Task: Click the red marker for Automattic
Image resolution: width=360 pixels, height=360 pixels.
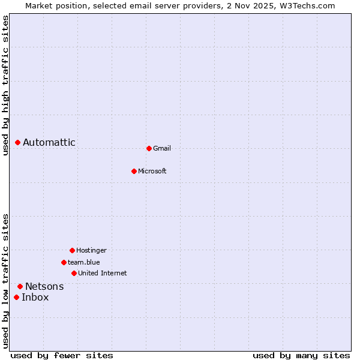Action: (x=17, y=142)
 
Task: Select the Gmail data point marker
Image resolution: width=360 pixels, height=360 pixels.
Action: (x=149, y=148)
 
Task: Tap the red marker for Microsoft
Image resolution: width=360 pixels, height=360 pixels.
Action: (x=134, y=171)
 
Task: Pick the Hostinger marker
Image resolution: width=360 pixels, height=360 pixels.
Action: (x=72, y=250)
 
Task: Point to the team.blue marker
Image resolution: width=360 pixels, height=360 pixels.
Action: (x=64, y=262)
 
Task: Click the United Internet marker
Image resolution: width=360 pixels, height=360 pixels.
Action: (x=74, y=273)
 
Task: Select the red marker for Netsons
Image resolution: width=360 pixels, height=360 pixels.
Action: (x=20, y=286)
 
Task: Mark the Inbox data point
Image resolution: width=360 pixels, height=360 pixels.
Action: (x=16, y=297)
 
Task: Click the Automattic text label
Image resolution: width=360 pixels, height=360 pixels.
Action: (x=49, y=142)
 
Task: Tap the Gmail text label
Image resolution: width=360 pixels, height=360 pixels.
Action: (x=162, y=148)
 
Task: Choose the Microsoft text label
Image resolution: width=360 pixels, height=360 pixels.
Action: (x=152, y=171)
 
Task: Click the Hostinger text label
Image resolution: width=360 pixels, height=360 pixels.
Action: (x=91, y=250)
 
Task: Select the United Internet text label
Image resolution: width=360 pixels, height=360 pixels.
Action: (x=103, y=273)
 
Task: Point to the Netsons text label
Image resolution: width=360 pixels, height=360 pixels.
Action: (x=44, y=286)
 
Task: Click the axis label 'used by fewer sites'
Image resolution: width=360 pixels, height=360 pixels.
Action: (x=62, y=355)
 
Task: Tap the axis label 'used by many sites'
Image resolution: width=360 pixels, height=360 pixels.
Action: (x=301, y=355)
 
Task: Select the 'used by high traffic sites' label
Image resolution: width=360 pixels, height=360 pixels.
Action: (x=5, y=85)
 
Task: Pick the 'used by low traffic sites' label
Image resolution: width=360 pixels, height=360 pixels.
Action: (x=5, y=281)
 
